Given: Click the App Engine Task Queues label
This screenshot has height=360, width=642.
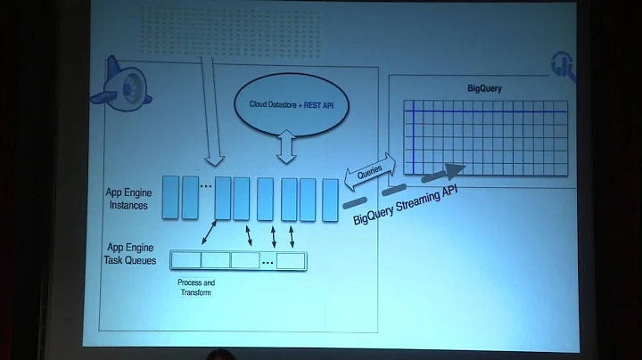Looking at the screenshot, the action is pyautogui.click(x=130, y=256).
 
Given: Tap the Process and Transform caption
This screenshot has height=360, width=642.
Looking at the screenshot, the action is pyautogui.click(x=196, y=288).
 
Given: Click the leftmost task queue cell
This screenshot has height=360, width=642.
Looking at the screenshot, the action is pyautogui.click(x=185, y=260).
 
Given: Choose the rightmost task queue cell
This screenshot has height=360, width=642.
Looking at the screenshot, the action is pyautogui.click(x=291, y=260).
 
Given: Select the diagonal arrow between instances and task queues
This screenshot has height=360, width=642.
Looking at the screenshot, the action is pyautogui.click(x=210, y=234).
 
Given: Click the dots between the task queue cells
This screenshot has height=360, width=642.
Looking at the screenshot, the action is pyautogui.click(x=267, y=261).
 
